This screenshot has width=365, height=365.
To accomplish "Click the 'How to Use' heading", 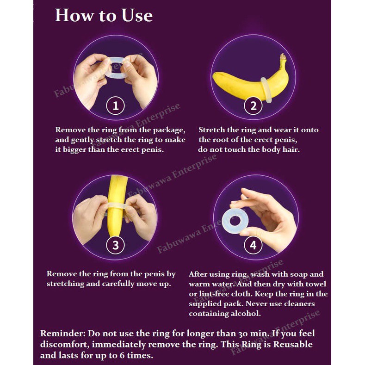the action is [x=104, y=15].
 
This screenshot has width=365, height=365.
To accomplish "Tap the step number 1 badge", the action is [x=116, y=105].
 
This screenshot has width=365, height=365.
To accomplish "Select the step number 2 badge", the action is [x=253, y=105].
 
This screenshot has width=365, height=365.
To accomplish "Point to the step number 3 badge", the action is [x=116, y=245].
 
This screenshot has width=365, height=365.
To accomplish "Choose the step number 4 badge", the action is [x=253, y=245].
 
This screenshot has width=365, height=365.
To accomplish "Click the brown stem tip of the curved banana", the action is [x=283, y=56].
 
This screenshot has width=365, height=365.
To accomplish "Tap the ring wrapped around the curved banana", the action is [x=266, y=90].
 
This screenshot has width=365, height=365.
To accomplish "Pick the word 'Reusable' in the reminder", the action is [x=293, y=344].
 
